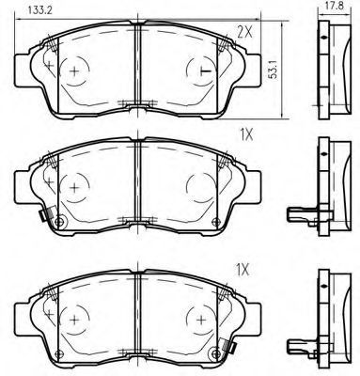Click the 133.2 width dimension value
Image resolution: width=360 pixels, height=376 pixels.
click(x=39, y=10)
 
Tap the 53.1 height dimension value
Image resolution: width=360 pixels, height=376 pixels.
click(x=274, y=70)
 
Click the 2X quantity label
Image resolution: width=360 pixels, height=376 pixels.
click(x=244, y=32)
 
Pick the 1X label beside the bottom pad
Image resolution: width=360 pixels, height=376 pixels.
click(x=242, y=270)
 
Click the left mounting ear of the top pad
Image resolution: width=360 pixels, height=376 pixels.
click(x=23, y=70)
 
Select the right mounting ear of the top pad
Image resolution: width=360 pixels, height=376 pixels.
click(x=253, y=70)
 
